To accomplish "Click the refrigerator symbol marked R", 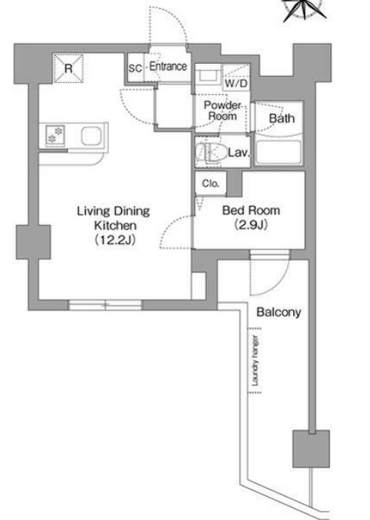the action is (68, 68).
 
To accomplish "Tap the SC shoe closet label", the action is (136, 68).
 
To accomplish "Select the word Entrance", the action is (168, 66).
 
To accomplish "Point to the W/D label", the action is (236, 83).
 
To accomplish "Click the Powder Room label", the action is (222, 111).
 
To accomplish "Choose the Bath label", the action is (282, 118).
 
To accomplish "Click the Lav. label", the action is (239, 153).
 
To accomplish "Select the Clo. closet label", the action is (211, 183).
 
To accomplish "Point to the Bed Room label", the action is (251, 211).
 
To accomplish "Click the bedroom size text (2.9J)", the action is (251, 225).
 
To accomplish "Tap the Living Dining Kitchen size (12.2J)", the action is (115, 239).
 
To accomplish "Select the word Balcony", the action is (279, 312).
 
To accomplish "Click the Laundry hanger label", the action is (255, 361).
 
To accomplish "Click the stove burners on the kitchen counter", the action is (55, 135).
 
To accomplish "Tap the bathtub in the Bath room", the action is (279, 153).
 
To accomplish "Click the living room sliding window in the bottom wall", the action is (105, 305).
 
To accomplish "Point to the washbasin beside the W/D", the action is (207, 77).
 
